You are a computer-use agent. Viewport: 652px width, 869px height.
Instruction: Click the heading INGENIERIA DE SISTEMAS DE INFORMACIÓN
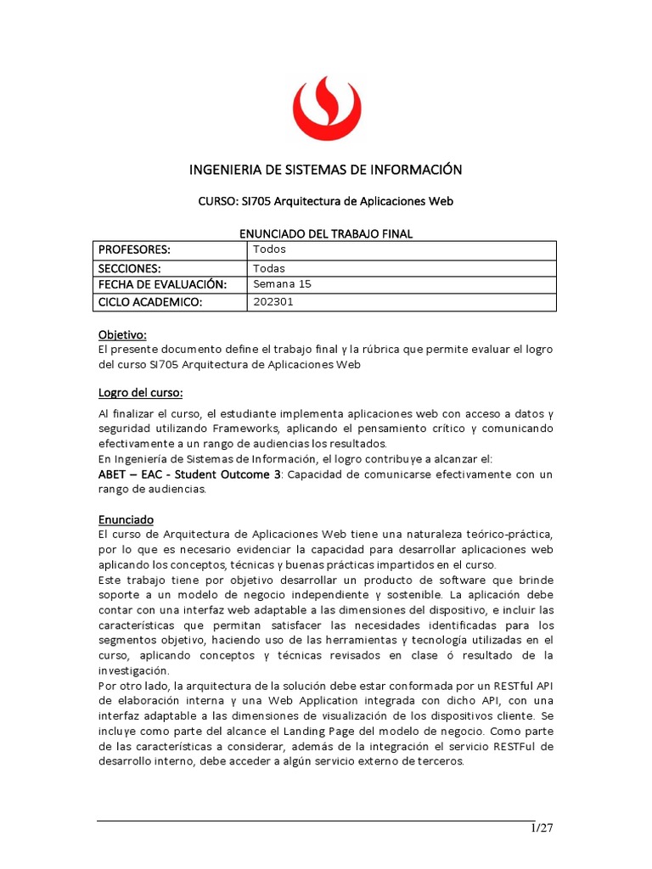[x=325, y=170]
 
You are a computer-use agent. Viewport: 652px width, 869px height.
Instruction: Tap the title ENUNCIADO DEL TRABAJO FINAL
[x=325, y=233]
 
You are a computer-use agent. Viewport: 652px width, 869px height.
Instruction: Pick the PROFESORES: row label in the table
[x=135, y=249]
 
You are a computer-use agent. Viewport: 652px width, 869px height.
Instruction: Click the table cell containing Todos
[x=270, y=249]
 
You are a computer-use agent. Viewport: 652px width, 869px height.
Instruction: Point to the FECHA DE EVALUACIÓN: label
[x=162, y=285]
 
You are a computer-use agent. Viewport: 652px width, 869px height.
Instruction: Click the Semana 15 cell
[x=283, y=285]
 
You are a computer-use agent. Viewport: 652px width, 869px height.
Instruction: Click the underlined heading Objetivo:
[x=123, y=335]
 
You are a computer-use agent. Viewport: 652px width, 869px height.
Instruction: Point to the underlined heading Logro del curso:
[x=141, y=392]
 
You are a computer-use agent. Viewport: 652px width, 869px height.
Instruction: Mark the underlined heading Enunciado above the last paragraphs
[x=126, y=518]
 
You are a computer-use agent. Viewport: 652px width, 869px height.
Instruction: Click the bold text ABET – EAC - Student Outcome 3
[x=189, y=474]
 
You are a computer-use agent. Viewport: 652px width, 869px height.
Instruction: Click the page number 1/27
[x=542, y=829]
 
